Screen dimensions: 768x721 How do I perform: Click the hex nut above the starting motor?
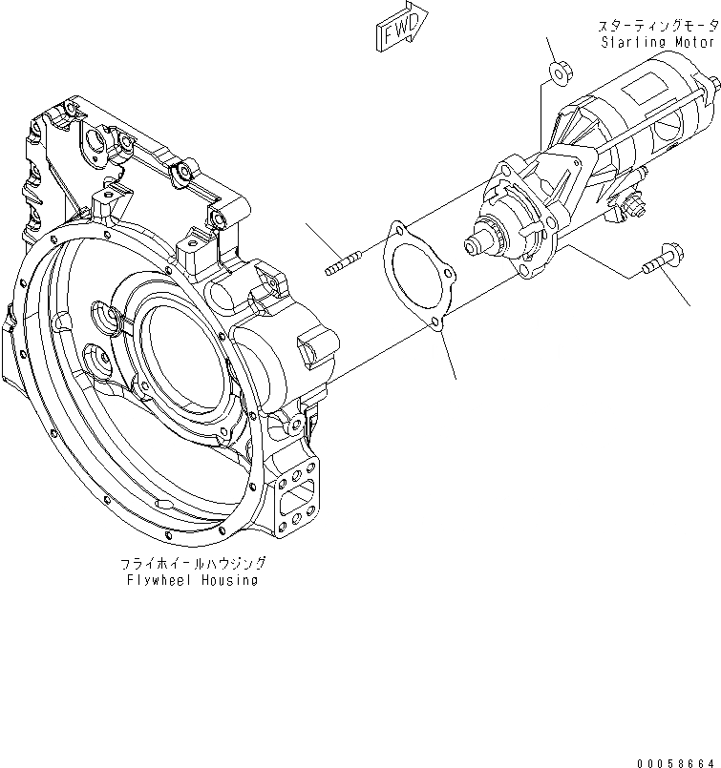pos(561,71)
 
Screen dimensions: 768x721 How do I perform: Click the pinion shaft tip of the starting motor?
pos(472,246)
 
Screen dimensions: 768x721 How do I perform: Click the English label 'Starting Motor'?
pos(659,43)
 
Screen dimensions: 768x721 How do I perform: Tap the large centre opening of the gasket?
pos(414,277)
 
